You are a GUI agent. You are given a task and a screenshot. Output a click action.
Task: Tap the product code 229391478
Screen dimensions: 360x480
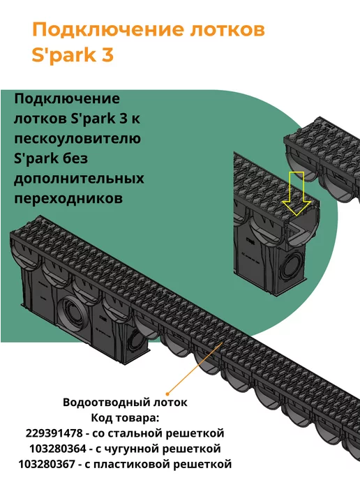pyautogui.click(x=54, y=433)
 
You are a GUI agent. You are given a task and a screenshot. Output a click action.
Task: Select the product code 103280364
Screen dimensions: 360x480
pyautogui.click(x=58, y=449)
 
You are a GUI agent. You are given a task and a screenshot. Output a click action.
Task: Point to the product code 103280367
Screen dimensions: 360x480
pyautogui.click(x=47, y=464)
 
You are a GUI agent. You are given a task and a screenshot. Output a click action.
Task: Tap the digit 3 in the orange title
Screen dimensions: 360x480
pyautogui.click(x=107, y=55)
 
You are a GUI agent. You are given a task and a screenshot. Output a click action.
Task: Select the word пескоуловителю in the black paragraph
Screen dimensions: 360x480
pyautogui.click(x=77, y=139)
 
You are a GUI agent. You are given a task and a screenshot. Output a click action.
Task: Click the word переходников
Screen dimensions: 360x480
pyautogui.click(x=68, y=198)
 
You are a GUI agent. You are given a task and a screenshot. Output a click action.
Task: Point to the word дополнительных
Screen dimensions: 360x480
pyautogui.click(x=79, y=179)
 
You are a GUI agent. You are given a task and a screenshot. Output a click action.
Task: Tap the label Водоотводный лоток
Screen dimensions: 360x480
pyautogui.click(x=125, y=402)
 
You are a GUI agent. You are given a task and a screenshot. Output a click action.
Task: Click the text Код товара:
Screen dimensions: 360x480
pyautogui.click(x=125, y=418)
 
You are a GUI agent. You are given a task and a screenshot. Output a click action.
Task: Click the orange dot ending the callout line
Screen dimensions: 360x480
pyautogui.click(x=167, y=393)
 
